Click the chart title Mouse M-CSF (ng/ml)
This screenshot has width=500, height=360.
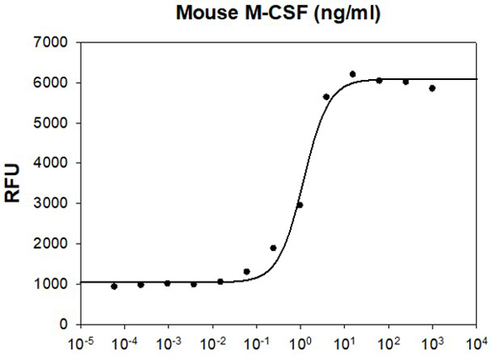pos(277,13)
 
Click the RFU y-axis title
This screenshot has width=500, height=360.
pos(14,183)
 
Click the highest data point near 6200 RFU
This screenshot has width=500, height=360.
pos(352,74)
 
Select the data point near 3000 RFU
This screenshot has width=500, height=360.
pos(300,205)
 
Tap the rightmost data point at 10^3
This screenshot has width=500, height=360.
pos(432,88)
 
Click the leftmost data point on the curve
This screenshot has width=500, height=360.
pos(114,286)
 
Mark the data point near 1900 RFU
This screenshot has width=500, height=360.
pos(273,247)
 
